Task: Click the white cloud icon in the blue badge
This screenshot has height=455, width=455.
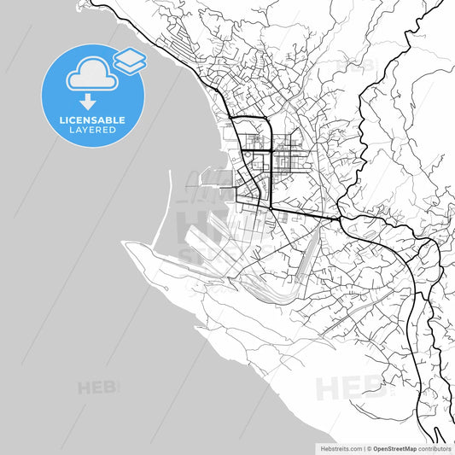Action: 90,74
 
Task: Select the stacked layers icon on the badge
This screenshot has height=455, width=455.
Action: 129,60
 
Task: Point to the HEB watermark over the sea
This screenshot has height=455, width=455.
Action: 97,388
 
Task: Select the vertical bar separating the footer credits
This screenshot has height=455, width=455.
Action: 365,447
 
